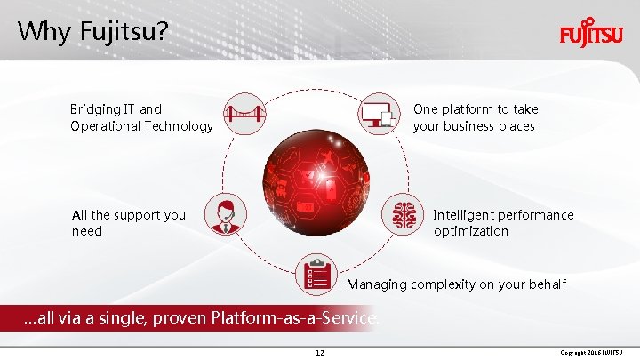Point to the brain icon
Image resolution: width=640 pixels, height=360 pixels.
405,214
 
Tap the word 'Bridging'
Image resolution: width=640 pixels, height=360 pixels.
96,109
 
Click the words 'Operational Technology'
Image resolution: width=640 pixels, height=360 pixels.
142,126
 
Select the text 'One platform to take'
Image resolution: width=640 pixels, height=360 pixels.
476,109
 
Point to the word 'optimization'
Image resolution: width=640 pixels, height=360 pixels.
471,231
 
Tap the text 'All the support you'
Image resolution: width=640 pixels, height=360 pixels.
129,215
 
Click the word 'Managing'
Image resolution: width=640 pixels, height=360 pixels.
376,284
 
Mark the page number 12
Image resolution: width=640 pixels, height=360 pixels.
320,353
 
